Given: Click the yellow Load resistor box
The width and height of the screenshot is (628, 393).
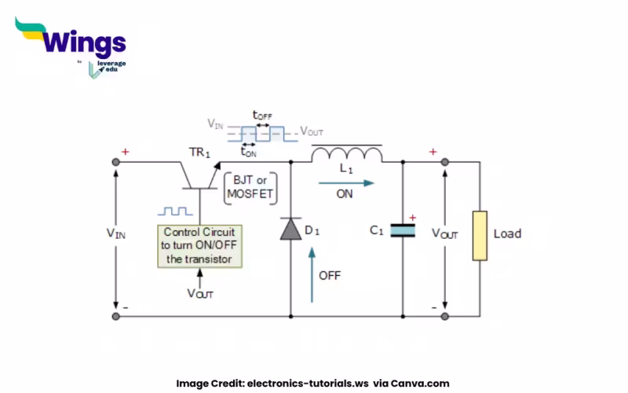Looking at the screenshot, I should point(479,234).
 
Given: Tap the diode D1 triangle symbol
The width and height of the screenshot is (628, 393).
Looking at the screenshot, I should point(291,229).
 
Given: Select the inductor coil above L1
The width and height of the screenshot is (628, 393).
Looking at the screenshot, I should point(346,154).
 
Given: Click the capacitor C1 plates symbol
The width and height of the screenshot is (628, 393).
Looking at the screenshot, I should point(403,230).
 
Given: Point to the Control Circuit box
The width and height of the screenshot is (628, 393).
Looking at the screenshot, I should point(199,246).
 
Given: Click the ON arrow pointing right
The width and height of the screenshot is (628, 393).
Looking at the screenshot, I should point(345,182).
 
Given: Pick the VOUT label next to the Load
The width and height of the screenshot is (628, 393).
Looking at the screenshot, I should point(446,233).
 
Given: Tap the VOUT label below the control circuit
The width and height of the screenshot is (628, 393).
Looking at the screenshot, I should point(199,293).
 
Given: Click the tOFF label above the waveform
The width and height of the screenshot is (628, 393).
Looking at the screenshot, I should point(261,115).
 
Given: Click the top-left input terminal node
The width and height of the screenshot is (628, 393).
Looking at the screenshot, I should point(116,163).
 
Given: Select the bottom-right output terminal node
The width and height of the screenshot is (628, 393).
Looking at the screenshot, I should point(444,316).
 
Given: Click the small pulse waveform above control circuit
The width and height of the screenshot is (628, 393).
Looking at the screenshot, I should point(174,212).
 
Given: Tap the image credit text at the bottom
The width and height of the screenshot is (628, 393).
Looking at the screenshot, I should point(312,384).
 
